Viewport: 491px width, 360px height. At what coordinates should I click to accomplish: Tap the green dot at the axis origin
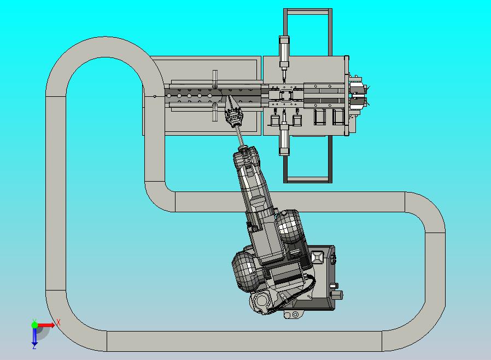[34, 325]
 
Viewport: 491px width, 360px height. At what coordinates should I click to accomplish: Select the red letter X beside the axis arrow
[59, 322]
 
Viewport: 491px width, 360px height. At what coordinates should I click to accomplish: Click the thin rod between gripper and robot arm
[239, 137]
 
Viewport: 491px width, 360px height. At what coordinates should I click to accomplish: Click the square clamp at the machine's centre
[285, 95]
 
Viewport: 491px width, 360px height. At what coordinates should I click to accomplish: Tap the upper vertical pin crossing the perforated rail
[215, 79]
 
